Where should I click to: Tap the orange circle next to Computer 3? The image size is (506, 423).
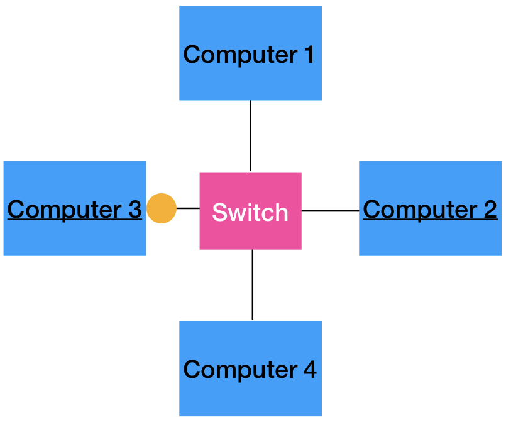[x=162, y=208]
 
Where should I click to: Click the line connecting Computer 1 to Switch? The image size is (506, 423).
[x=251, y=136]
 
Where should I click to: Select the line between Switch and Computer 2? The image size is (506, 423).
[x=330, y=211]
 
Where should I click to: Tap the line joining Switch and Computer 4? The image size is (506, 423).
[x=253, y=285]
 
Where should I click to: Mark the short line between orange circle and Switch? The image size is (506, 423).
[x=188, y=208]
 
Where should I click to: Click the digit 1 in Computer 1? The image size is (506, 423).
[x=308, y=55]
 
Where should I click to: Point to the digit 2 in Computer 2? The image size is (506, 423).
[x=489, y=209]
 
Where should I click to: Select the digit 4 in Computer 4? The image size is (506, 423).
[x=309, y=369]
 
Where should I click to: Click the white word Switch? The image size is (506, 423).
[x=250, y=212]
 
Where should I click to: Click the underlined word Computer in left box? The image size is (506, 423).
[x=64, y=210]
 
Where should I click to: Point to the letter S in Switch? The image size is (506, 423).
[x=219, y=212]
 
